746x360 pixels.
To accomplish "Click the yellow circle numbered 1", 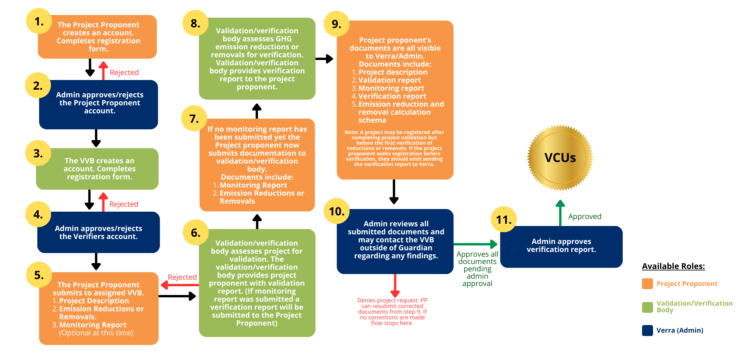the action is [39, 21].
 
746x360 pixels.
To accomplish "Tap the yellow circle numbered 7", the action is [194, 118].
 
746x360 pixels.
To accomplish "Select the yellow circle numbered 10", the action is [337, 211].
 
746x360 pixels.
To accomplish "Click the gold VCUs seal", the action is [560, 158].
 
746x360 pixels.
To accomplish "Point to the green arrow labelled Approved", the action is [560, 213].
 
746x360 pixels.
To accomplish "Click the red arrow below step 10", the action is [395, 286].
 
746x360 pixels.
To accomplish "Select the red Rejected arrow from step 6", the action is [180, 285].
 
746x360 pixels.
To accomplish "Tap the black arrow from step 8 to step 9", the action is [324, 59].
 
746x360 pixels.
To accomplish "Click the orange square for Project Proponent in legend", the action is [647, 284].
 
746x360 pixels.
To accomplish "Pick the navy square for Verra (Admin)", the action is [647, 330].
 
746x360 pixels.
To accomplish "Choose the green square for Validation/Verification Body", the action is [647, 307].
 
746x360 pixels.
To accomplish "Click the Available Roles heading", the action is [673, 266].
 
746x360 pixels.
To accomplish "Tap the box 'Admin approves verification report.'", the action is [561, 247].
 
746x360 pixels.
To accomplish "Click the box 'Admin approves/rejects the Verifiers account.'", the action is [98, 232].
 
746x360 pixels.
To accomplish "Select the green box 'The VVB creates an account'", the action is [97, 169].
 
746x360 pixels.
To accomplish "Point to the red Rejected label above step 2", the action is [124, 72].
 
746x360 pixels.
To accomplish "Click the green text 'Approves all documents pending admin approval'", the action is [477, 269].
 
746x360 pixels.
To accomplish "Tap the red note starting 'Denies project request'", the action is [392, 312].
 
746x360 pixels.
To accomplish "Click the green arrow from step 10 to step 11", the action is [475, 244].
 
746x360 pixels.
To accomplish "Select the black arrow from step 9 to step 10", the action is [394, 192].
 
